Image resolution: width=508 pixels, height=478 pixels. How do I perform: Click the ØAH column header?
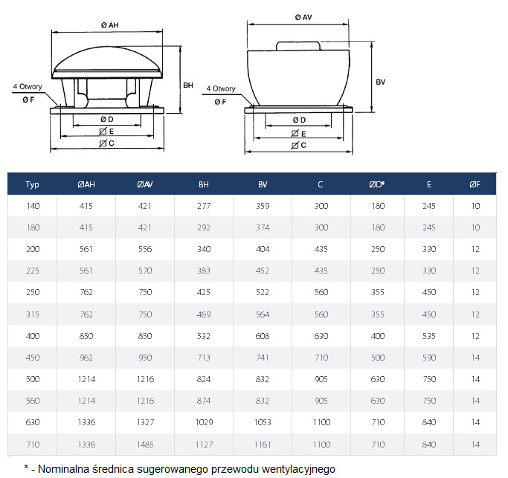pos(86,184)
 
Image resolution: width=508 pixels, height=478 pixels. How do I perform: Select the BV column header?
pos(263,184)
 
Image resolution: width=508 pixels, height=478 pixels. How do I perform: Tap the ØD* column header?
pos(377,184)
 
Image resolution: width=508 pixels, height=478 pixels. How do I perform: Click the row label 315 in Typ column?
pos(33,314)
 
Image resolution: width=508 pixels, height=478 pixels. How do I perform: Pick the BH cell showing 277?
pos(204,206)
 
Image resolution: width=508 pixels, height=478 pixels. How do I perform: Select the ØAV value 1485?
pos(145,445)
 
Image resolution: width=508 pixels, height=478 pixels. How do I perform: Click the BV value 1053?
pos(263,422)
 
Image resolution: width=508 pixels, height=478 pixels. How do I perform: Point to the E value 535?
pos(429,336)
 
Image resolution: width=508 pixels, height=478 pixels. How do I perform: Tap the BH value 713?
pos(204,358)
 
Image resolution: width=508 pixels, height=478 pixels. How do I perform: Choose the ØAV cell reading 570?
pos(145,271)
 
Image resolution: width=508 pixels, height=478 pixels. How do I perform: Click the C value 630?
pos(321,336)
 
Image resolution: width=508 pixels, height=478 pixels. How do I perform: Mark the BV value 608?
pos(263,336)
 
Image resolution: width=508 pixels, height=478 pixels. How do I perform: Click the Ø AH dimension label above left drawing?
pos(110,25)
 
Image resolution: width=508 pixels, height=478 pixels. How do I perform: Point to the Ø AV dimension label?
pos(303,18)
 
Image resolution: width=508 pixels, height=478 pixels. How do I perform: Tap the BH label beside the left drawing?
pos(188,85)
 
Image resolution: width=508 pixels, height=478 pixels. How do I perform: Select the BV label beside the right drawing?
pos(381,82)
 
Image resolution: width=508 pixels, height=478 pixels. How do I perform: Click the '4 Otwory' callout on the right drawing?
pos(221,88)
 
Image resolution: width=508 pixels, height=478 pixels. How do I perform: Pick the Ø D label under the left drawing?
pos(107,119)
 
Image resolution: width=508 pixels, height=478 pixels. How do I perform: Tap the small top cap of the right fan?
pos(298,45)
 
